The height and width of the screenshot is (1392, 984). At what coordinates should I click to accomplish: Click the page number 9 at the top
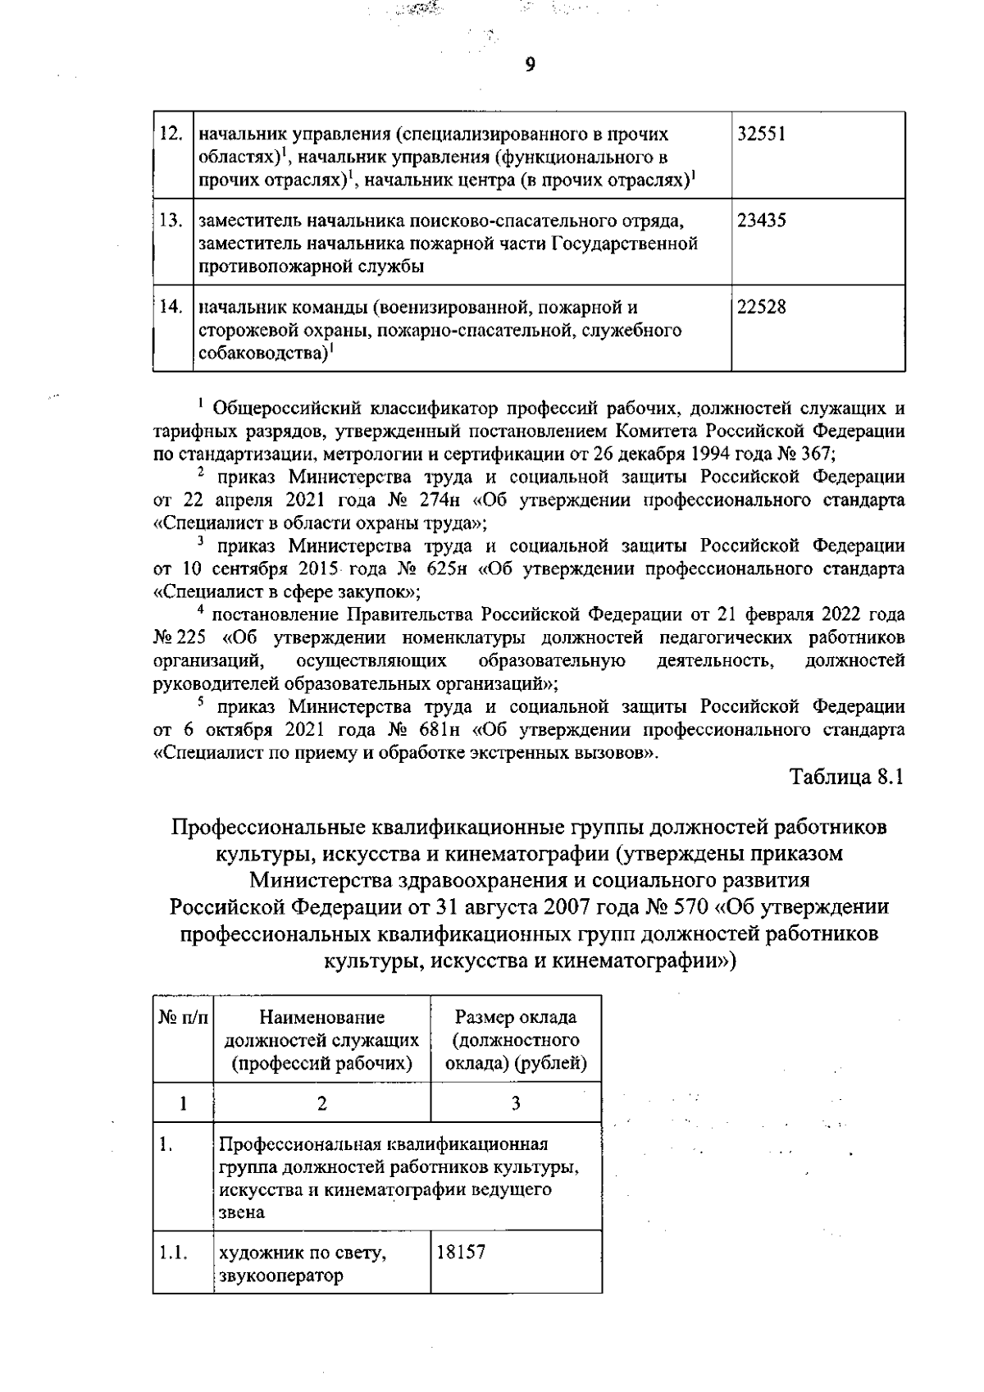click(x=530, y=65)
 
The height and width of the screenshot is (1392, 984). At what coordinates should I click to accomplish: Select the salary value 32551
click(x=761, y=134)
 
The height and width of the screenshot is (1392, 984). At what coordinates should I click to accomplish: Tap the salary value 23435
click(x=761, y=221)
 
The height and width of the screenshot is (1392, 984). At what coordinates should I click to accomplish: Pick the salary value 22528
click(x=761, y=308)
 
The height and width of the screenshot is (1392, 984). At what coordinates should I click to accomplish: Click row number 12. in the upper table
click(x=171, y=134)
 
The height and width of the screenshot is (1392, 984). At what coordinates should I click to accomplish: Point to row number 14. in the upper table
click(x=171, y=308)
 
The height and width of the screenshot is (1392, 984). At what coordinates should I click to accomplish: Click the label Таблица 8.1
click(x=846, y=777)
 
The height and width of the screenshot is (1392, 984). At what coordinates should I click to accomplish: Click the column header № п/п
click(x=183, y=1018)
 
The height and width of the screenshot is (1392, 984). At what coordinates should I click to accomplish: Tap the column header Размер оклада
click(x=516, y=1018)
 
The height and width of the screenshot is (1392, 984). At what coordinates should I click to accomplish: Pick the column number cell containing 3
click(x=516, y=1103)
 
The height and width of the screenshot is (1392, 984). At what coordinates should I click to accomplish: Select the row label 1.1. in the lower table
click(x=174, y=1253)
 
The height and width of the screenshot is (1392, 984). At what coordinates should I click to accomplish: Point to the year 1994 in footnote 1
click(x=713, y=453)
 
